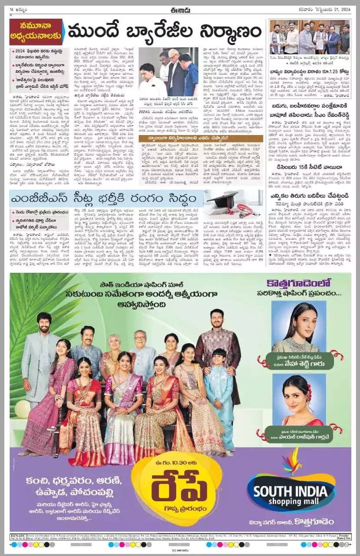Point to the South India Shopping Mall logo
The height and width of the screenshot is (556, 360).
tap(291, 493)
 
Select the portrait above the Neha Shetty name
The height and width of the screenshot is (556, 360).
tap(297, 327)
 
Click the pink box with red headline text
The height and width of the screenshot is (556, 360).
tap(36, 32)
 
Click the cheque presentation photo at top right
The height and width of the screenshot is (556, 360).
tap(309, 38)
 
